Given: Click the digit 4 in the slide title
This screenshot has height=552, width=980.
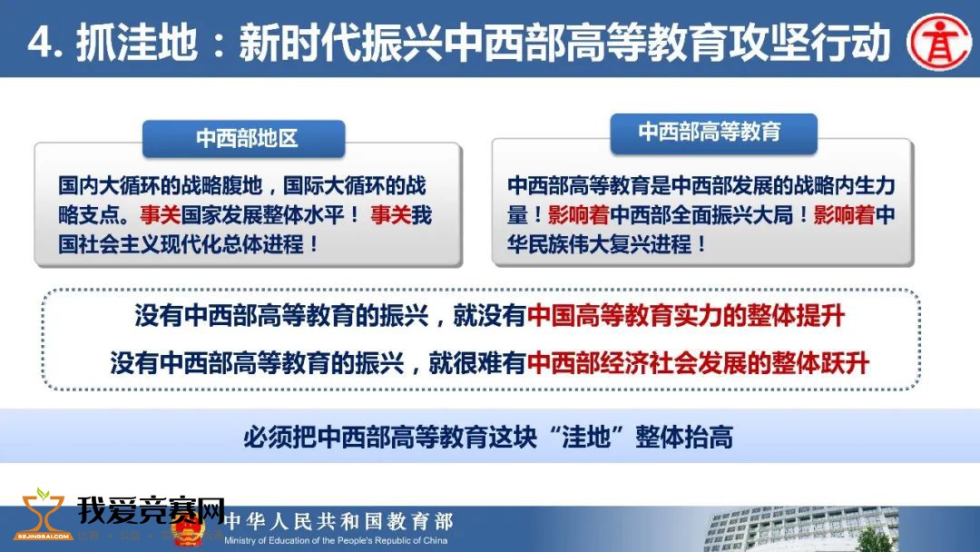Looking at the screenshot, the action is coord(40,44).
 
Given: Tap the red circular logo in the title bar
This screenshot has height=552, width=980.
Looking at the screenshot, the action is coord(939,42).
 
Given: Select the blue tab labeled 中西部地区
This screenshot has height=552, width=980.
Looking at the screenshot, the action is coord(244,138).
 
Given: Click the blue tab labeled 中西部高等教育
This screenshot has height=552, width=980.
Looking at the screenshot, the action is coord(713,133).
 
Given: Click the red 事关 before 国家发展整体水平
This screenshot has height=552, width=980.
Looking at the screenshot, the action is coord(160,215).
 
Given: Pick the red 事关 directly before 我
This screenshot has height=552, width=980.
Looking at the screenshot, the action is coord(390,215).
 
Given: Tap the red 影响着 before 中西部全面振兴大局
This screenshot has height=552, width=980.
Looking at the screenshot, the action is coord(579,215).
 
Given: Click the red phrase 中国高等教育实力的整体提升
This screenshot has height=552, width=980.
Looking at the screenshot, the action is coord(686,316).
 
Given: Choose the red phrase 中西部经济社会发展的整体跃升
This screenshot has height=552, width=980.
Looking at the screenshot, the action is coord(698,363).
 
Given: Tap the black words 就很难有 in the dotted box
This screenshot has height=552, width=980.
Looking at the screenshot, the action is coord(477,363).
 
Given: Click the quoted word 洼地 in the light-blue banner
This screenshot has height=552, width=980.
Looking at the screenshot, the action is coord(585,437).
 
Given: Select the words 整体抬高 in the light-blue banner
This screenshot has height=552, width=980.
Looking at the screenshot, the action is coord(684,437).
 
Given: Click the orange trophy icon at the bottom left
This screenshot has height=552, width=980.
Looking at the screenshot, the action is coord(43,515).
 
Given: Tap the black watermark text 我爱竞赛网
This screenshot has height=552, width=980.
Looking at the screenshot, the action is coord(151,510).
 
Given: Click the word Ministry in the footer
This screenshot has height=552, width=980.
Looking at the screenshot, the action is coord(240,541).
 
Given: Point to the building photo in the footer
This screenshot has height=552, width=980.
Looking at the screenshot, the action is coord(800,529).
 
